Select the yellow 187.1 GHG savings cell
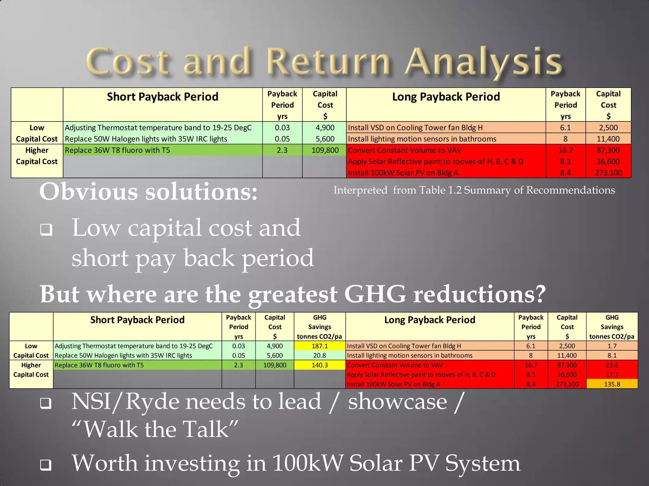coord(319,346)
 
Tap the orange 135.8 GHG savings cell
coord(612,384)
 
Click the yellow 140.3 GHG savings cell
coord(319,365)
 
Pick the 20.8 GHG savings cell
coord(319,356)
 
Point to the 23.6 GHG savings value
coord(612,365)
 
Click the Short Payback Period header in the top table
coord(163,97)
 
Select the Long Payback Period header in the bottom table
coord(429,320)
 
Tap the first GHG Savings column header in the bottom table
coord(319,327)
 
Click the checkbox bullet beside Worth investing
coord(46,464)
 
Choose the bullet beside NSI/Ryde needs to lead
coord(46,403)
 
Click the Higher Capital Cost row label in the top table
coord(37,156)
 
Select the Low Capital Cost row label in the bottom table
coord(31,351)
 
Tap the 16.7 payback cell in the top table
coord(565,150)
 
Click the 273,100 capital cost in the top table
coord(608,173)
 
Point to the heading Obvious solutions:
coord(148,192)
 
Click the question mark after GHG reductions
coord(538,294)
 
